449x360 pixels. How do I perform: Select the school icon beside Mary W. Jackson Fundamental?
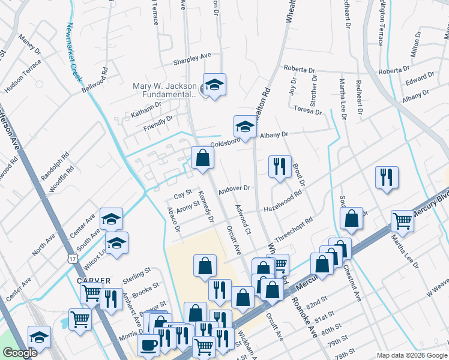[x=214, y=85]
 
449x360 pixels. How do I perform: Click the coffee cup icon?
[x=148, y=345]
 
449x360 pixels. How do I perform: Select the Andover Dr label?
[x=234, y=188]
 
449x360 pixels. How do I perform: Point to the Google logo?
[x=20, y=353]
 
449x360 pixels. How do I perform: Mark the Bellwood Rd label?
[x=95, y=79]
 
